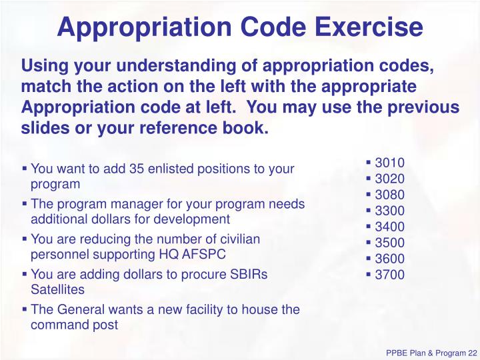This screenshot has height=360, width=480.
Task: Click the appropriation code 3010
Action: pos(389,163)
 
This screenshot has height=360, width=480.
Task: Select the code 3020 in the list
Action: pos(389,179)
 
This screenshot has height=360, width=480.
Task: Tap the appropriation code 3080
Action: pos(389,195)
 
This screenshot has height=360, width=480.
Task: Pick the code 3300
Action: pos(389,211)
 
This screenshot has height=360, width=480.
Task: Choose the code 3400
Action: pos(389,227)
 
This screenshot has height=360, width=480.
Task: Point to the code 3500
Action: pos(389,243)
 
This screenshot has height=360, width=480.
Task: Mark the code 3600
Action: pos(389,259)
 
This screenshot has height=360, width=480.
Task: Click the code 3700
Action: pos(389,275)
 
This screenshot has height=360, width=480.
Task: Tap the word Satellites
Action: pos(57,290)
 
